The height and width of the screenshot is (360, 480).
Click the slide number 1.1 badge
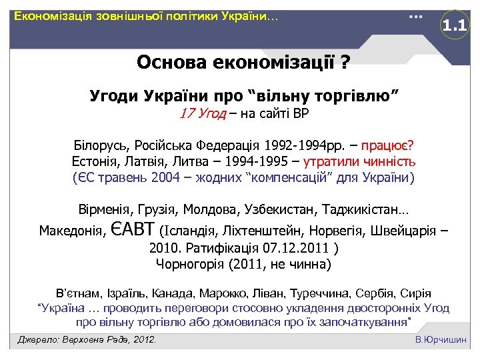coord(456,27)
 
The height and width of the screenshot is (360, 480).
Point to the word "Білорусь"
coord(101,145)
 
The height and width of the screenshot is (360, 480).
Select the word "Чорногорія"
coord(188,264)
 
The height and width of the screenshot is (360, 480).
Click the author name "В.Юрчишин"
coord(441,340)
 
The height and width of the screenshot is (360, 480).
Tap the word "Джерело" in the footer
coord(38,340)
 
